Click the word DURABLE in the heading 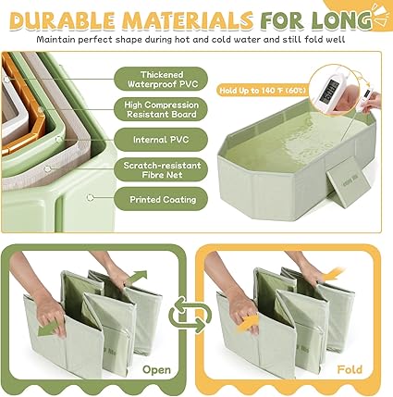coord(63,20)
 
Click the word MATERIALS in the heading coord(188,20)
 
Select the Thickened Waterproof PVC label coord(161,80)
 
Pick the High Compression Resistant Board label coord(161,109)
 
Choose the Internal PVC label coord(161,140)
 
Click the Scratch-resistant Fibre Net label coord(161,170)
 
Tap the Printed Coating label coord(161,199)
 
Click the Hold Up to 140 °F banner coord(263,91)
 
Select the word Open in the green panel coord(156,369)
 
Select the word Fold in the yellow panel coord(350,369)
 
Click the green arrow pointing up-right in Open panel coord(136,277)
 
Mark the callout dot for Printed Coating coord(90,197)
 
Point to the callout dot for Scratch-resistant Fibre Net coord(47,168)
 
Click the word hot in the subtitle coord(182,40)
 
